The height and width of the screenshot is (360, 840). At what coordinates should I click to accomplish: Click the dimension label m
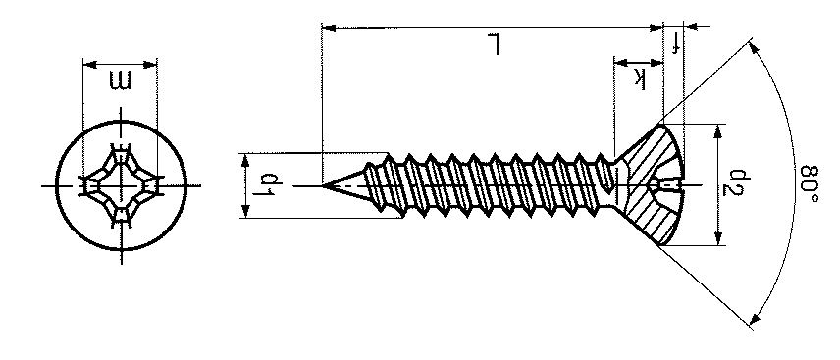click(120, 80)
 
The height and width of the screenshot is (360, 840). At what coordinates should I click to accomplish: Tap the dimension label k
click(639, 77)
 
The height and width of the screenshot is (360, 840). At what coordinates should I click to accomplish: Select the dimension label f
click(675, 43)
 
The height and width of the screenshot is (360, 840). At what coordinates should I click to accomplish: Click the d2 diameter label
click(738, 183)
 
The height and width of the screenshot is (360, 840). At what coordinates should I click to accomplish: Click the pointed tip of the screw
click(322, 186)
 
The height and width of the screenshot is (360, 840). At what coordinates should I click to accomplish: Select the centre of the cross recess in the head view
click(122, 186)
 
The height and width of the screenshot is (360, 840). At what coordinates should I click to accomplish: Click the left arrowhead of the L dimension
click(328, 27)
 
